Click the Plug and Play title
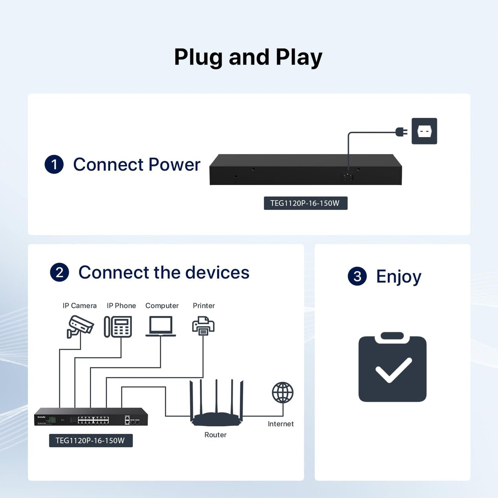pos(248,57)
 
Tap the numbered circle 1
pos(54,164)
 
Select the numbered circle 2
pos(59,272)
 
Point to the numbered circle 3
pos(357,276)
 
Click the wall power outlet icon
pos(424,131)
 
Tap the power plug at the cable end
pos(402,132)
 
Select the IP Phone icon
pos(118,327)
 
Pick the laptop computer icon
pos(161,326)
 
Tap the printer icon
pos(203,326)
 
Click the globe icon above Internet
pos(283,393)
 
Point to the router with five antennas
pos(216,403)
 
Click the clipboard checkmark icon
pos(392,367)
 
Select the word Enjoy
pos(398,277)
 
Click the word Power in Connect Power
pos(174,164)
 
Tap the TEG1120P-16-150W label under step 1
pos(305,203)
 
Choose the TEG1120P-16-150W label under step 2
pos(91,440)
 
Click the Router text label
pos(215,435)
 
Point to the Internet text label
pos(281,424)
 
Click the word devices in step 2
pos(217,272)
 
